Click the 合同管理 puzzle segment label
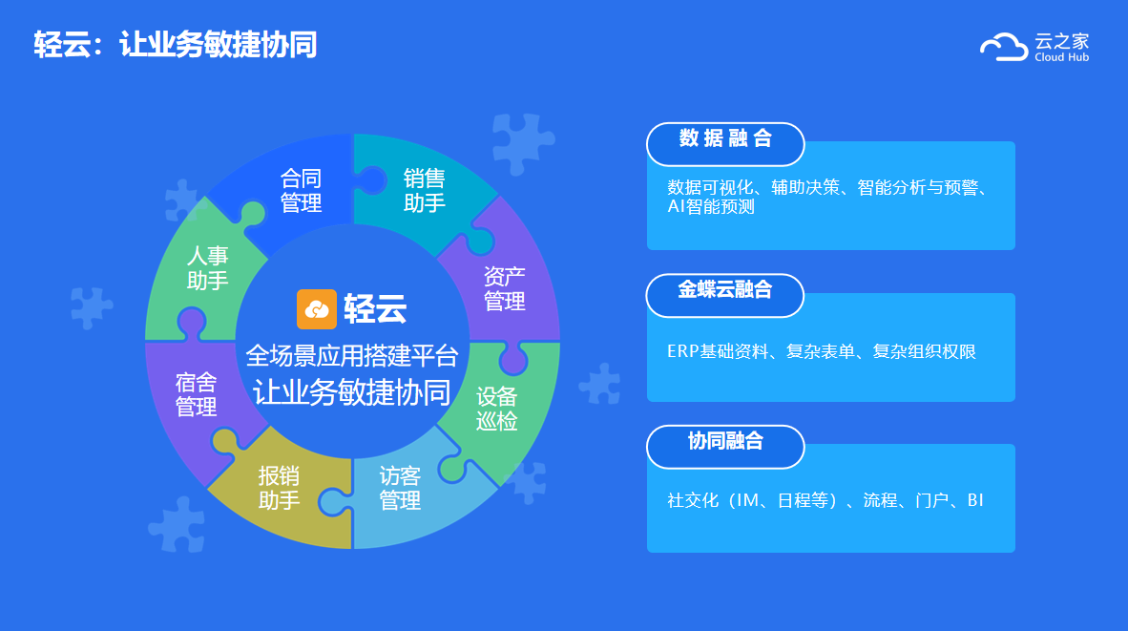[301, 191]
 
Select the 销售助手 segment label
[425, 191]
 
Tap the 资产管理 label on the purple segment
[504, 288]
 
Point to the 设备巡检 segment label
[496, 408]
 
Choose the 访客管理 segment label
[400, 488]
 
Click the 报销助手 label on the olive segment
[279, 488]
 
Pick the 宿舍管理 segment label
[196, 394]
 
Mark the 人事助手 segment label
[208, 267]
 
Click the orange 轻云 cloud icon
[317, 309]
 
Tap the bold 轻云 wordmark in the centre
[375, 309]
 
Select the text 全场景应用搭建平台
[352, 355]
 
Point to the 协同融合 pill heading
[725, 440]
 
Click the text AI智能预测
[711, 206]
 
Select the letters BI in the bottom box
[975, 500]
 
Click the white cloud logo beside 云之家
[1004, 47]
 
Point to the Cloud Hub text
[1062, 57]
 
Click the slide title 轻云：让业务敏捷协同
[176, 45]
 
